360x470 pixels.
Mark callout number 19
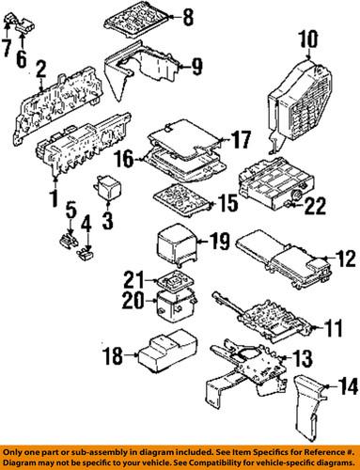coord(218,242)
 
